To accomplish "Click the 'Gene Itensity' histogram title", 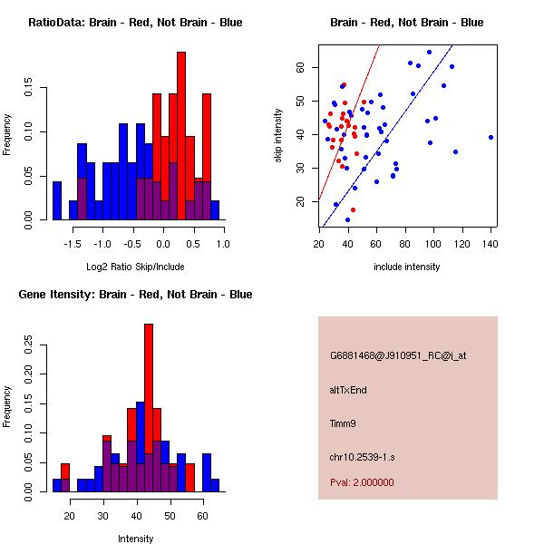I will [135, 295].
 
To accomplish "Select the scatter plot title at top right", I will [407, 23].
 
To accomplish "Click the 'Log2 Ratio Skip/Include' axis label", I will [135, 267].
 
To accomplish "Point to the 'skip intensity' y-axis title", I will [278, 136].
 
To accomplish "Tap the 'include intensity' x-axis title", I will [407, 267].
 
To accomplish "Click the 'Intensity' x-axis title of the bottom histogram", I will [135, 539].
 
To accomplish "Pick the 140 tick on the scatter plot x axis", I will [491, 243].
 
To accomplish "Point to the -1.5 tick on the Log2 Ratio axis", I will [73, 243].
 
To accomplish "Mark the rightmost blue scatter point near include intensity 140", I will [491, 137].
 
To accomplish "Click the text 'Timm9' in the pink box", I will [342, 423].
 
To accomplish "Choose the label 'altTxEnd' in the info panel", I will [348, 390].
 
